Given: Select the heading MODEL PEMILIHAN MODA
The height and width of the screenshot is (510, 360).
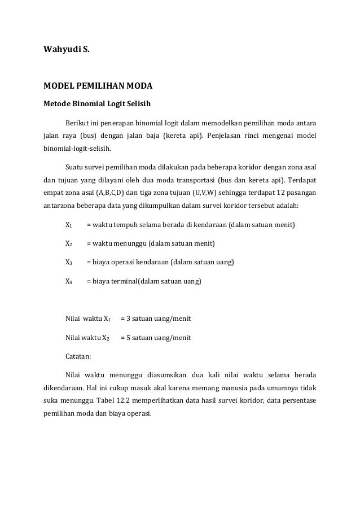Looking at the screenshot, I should (x=98, y=87).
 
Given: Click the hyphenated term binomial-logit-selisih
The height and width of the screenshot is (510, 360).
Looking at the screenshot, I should (x=77, y=150).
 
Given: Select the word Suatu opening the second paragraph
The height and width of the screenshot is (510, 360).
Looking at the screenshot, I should (x=76, y=168).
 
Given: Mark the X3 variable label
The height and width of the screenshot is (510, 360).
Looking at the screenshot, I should (x=68, y=263).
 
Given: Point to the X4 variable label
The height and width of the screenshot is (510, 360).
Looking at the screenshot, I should (x=68, y=281).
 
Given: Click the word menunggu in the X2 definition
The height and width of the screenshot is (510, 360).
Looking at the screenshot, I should (x=128, y=244).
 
